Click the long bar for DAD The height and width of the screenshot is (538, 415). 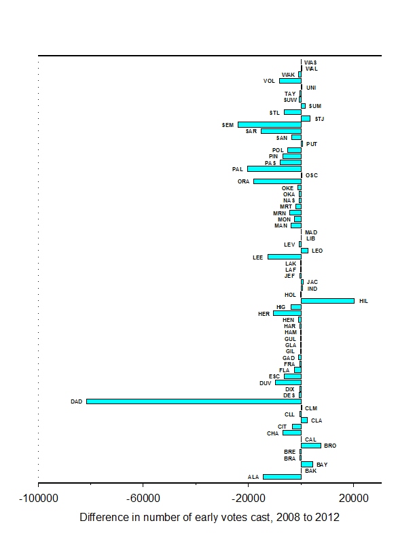194,401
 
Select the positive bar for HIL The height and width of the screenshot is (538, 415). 327,301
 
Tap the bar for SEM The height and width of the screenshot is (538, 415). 269,125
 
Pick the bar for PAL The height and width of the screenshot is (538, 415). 274,168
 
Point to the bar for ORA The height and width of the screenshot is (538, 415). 277,181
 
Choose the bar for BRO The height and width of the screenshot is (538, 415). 311,446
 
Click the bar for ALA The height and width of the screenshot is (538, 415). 282,477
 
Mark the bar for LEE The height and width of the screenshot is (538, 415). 284,257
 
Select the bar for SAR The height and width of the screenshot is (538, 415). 281,131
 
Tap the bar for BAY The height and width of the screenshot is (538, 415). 307,465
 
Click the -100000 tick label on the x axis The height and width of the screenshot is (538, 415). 38,498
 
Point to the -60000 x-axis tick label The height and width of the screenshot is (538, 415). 143,498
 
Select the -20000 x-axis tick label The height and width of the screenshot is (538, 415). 248,498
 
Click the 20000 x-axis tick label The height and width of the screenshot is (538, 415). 353,498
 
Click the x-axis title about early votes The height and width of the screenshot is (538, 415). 209,518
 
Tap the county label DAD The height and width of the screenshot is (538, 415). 76,401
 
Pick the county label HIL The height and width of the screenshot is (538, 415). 363,301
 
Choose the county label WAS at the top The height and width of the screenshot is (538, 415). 310,62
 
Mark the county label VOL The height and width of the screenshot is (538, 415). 270,81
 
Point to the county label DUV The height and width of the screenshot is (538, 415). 266,383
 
